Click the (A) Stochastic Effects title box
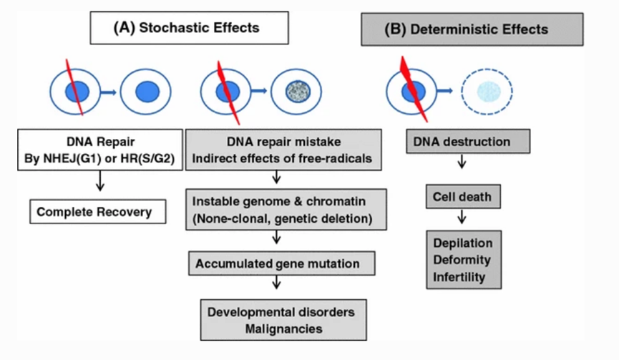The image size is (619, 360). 189,29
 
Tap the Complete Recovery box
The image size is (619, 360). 98,213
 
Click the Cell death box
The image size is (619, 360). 461,195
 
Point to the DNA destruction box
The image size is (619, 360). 469,141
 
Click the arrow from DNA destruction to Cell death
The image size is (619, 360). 462,164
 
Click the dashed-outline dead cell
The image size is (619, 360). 487,92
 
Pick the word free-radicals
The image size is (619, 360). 336,158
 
